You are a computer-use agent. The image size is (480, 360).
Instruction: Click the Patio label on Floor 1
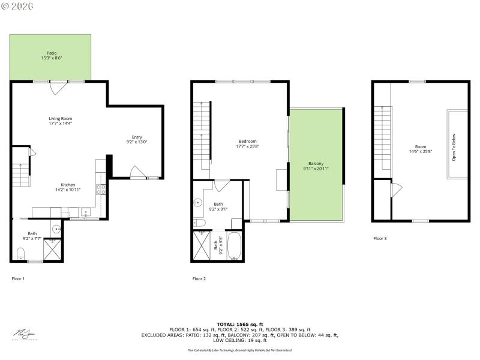(52, 55)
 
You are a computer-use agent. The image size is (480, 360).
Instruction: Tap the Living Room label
(61, 121)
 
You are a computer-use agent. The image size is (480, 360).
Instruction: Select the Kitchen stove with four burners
(101, 190)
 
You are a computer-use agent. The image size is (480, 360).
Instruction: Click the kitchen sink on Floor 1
(85, 212)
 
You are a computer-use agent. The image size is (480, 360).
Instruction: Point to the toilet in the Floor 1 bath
(20, 252)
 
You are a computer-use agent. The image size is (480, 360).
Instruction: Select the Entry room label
(137, 139)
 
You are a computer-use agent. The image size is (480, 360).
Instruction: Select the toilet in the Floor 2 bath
(200, 223)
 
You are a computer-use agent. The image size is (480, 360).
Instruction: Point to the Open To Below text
(454, 146)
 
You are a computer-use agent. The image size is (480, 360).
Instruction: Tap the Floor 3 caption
(380, 238)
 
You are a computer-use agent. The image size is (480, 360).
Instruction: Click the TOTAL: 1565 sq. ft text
(240, 324)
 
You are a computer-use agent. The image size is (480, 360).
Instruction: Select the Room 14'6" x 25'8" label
(420, 149)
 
